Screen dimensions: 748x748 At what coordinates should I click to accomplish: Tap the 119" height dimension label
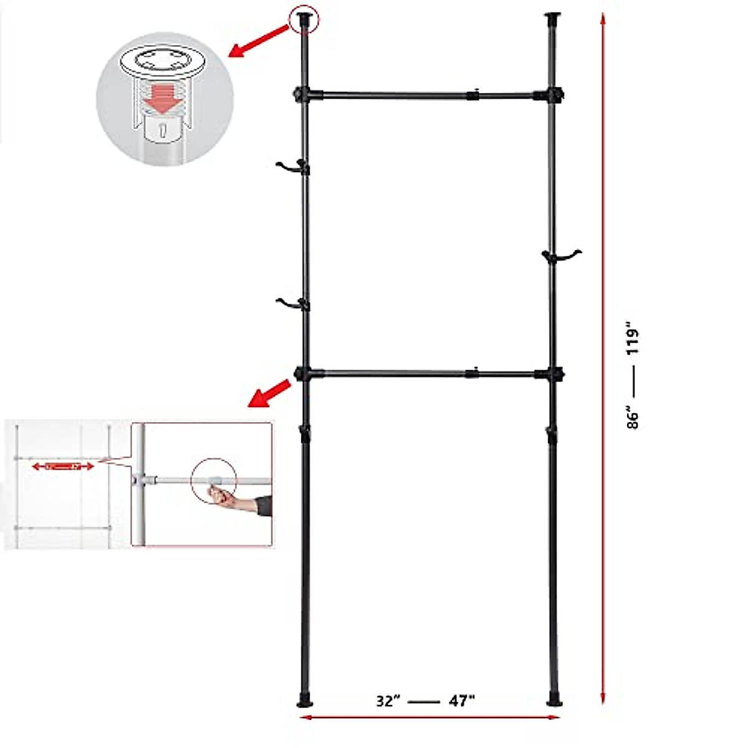(633, 338)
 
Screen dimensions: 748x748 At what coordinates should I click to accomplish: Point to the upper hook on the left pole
(290, 166)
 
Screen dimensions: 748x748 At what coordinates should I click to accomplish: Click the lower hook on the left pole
(290, 304)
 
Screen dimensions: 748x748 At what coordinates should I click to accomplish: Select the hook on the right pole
(562, 255)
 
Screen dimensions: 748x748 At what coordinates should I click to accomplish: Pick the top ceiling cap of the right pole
(552, 16)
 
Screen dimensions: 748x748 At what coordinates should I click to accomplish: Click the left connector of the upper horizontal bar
(304, 95)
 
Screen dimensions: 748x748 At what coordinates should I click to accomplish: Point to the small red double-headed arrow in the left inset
(63, 466)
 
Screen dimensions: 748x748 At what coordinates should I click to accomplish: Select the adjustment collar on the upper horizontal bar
(473, 96)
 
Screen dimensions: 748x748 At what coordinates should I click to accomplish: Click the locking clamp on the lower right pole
(551, 434)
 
